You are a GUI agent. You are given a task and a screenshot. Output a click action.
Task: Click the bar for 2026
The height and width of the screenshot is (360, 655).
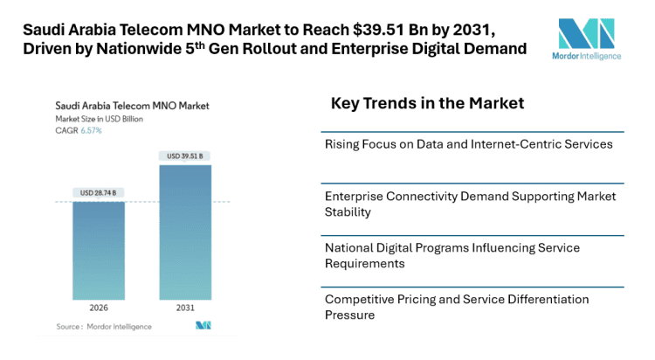98,251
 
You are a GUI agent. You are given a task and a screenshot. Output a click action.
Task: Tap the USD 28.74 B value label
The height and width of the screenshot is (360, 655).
98,192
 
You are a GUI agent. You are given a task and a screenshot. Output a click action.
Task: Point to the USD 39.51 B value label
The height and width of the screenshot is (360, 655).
184,156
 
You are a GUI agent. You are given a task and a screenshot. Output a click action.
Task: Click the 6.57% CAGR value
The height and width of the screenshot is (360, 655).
92,130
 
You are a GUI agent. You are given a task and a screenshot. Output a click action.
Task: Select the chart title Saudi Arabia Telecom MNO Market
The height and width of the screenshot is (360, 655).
128,106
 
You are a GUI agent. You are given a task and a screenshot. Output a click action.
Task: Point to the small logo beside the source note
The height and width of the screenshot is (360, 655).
203,326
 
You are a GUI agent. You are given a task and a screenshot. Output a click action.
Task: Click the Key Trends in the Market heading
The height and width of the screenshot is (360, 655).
427,103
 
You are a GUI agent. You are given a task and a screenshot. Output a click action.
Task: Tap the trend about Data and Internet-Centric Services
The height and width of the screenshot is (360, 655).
468,143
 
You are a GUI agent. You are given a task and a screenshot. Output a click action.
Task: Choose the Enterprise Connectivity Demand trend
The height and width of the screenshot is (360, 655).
470,204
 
